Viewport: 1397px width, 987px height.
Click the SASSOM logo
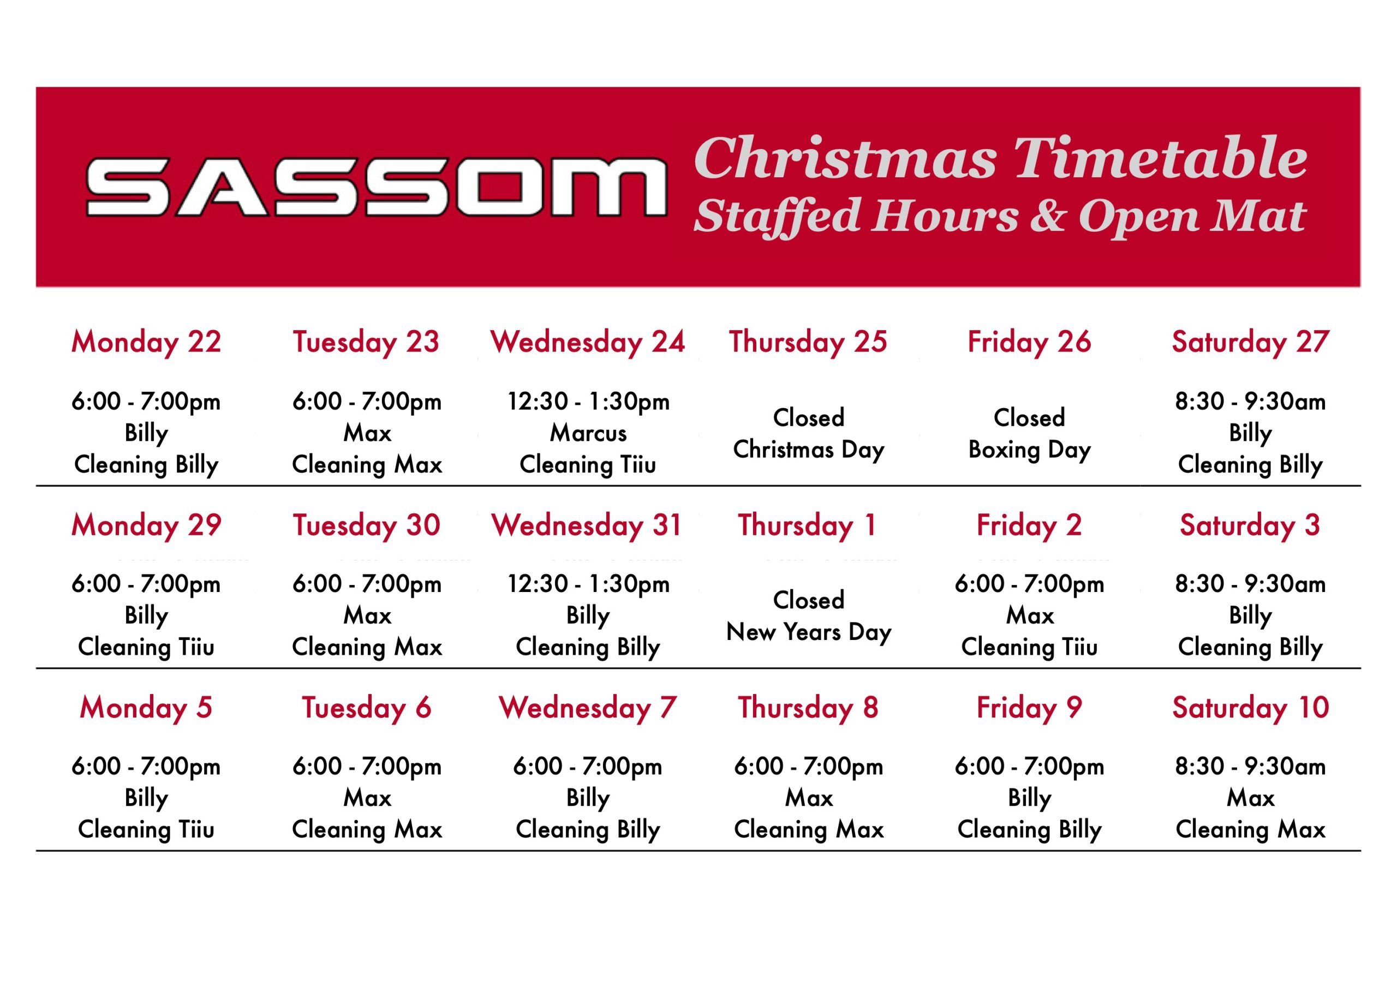pos(377,187)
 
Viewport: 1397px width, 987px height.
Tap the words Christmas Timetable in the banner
pos(1000,158)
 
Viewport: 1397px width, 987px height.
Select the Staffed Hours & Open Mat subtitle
pos(1000,217)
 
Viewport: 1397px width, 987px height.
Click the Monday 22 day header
pos(146,342)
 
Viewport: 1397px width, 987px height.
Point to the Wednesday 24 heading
pos(588,342)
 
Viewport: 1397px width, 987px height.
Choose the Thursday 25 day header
pos(809,342)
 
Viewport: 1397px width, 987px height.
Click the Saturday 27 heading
pos(1250,342)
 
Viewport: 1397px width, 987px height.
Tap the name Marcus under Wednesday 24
pos(588,433)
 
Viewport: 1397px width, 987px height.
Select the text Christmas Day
pos(809,450)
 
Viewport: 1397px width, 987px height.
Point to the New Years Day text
pos(809,633)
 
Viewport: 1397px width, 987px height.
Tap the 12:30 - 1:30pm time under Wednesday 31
pos(588,584)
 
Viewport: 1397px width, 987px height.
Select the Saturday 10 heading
pos(1250,707)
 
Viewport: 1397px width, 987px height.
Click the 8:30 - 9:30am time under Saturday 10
pos(1250,766)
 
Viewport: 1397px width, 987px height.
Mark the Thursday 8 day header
pos(809,707)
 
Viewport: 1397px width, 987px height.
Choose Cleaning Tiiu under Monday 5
pos(146,829)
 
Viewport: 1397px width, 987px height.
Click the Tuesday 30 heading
pos(366,525)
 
